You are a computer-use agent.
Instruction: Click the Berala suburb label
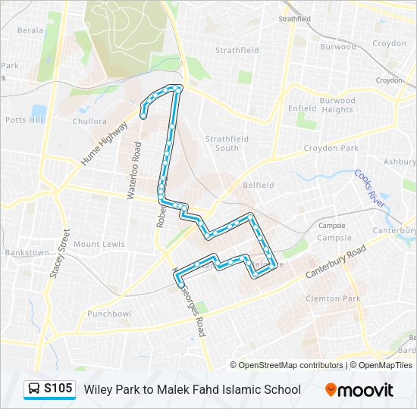[30, 31]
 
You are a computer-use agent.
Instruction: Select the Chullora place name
[89, 120]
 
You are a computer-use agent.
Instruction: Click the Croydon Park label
[331, 148]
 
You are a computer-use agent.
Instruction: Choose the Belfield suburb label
[258, 185]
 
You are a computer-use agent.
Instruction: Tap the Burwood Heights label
[337, 105]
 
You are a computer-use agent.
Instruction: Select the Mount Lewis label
[99, 245]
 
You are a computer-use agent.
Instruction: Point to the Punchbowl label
[109, 314]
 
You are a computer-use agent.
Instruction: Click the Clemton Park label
[333, 299]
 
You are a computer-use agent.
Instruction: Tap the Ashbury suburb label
[400, 162]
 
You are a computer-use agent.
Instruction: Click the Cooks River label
[370, 189]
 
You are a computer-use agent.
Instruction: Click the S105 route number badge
[50, 389]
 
